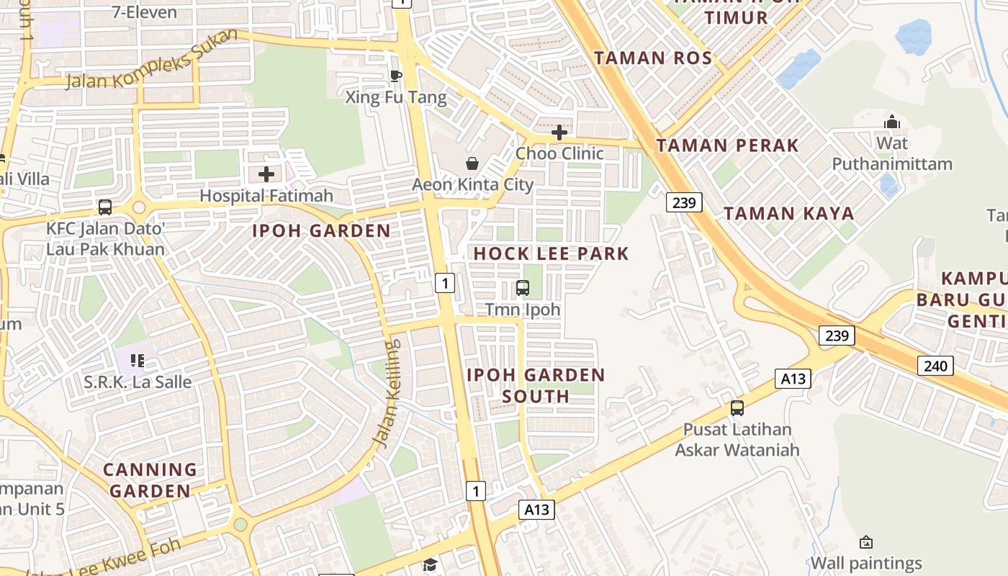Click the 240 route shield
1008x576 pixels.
click(935, 366)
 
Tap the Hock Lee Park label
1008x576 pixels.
click(552, 253)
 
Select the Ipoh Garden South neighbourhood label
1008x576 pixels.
click(536, 385)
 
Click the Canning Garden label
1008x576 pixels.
click(150, 480)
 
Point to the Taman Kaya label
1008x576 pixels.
click(788, 213)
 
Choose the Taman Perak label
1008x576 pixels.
click(727, 145)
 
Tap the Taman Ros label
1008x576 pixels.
click(653, 58)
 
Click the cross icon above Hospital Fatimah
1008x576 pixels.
click(266, 174)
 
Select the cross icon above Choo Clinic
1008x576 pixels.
click(559, 132)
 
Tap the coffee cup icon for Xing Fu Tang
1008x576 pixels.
click(395, 76)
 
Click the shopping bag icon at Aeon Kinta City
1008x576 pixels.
click(472, 163)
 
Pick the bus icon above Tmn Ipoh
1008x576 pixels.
click(523, 288)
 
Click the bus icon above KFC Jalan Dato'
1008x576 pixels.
click(105, 207)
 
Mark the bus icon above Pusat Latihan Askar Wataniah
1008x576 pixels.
click(737, 408)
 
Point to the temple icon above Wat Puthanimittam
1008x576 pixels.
click(892, 122)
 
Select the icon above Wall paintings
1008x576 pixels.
click(866, 542)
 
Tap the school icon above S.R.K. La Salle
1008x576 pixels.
click(138, 360)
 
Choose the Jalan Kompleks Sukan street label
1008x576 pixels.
click(152, 59)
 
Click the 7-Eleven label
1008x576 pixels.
click(145, 12)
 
